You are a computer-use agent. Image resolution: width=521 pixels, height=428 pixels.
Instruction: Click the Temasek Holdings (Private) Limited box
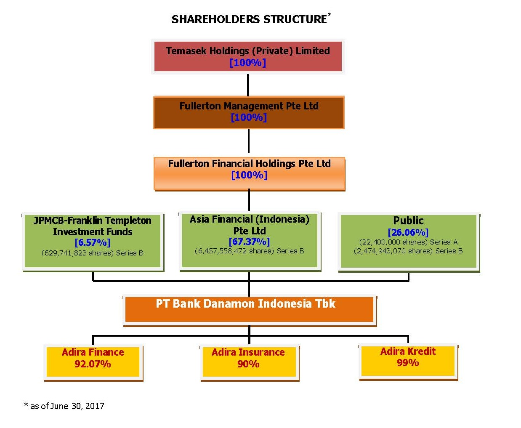point(248,56)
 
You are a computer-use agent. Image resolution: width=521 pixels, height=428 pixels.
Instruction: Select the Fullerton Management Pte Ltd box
point(249,112)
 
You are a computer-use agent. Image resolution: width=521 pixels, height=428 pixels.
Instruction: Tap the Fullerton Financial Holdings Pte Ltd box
point(249,174)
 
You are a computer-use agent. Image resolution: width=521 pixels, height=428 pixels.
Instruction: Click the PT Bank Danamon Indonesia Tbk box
point(250,311)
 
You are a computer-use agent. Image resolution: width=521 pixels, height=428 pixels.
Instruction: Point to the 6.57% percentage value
point(93,242)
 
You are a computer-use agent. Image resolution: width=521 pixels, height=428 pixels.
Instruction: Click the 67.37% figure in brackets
point(249,242)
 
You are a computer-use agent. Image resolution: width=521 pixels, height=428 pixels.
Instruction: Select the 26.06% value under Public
point(408,232)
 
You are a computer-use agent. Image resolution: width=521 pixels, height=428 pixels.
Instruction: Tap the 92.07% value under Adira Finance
point(93,364)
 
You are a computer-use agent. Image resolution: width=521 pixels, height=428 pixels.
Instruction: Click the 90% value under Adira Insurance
point(248,364)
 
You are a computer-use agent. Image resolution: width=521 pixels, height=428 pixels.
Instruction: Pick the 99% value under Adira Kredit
point(408,362)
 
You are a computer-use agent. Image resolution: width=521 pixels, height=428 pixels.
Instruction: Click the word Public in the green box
point(408,221)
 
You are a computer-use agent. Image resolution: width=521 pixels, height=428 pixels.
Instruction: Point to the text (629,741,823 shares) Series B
point(93,253)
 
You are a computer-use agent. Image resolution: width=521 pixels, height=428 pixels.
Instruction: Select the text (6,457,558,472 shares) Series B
point(249,251)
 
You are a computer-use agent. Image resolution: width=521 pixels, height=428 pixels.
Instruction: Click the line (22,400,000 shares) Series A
point(408,242)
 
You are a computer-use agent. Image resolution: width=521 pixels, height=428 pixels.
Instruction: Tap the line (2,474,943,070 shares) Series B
point(408,251)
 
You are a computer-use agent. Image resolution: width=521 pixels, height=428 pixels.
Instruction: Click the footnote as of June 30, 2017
point(64,406)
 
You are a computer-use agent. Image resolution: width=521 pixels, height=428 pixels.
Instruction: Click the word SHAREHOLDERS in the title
point(215,19)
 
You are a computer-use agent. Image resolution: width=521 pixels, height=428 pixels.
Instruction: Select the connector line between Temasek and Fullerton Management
point(248,85)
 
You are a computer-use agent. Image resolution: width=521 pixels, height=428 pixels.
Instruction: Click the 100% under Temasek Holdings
point(248,63)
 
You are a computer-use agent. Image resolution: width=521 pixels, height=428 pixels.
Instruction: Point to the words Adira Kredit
point(408,351)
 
